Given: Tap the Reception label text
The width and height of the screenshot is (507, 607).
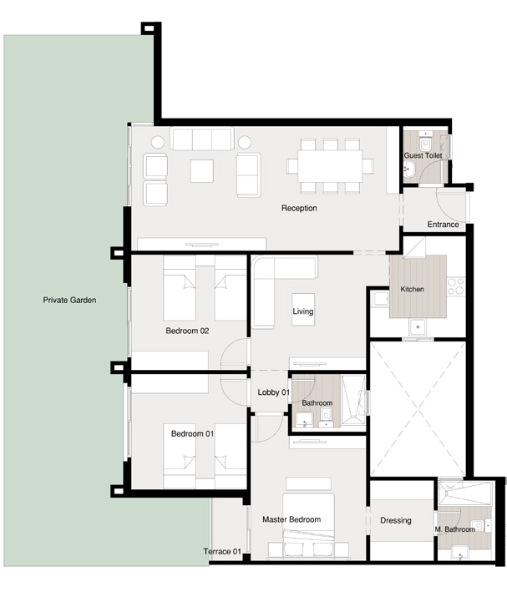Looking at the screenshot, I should tap(299, 208).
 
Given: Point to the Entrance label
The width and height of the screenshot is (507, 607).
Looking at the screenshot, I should tap(443, 225).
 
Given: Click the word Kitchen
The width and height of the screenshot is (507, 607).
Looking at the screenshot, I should tap(413, 289).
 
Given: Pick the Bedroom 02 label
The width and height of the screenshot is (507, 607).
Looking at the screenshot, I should tap(187, 331).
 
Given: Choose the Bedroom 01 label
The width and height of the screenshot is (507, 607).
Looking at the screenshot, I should tap(192, 433).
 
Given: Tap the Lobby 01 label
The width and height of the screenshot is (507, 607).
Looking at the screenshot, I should tap(273, 392).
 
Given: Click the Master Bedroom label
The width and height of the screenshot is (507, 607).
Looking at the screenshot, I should tap(292, 519).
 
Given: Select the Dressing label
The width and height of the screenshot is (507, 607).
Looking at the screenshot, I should tap(396, 520).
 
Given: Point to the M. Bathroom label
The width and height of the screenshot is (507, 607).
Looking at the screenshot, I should tap(455, 529).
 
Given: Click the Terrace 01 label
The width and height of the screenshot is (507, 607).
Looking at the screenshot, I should tap(222, 551).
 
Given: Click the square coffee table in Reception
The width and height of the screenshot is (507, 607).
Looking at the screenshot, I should tap(202, 170).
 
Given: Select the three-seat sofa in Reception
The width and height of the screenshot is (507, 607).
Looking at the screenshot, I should tap(201, 139).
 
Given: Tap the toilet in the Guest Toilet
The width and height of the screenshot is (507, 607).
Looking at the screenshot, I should tap(408, 169).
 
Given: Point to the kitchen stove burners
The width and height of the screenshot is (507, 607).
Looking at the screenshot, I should tap(455, 287).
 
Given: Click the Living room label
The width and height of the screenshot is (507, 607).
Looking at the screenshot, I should tap(303, 311).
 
